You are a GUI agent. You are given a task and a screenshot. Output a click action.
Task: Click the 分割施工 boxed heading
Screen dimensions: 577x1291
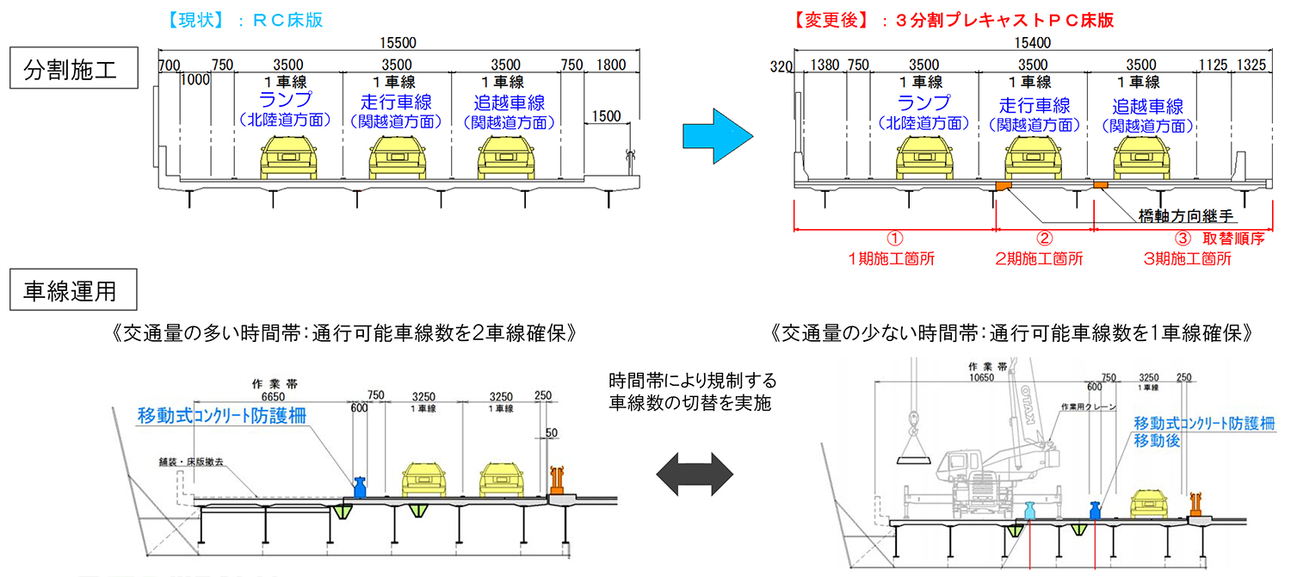[x=74, y=69]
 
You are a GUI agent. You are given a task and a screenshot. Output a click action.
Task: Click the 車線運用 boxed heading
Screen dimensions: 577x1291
[x=74, y=291]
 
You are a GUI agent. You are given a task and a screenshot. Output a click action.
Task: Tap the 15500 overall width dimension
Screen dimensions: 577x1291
[x=397, y=41]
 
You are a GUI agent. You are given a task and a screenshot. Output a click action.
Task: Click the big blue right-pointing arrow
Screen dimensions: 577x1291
[x=712, y=136]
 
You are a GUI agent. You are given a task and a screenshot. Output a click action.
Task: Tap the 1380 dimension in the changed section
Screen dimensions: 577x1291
[x=825, y=64]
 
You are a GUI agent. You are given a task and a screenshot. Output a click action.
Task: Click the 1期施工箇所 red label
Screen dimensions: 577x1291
[x=894, y=257]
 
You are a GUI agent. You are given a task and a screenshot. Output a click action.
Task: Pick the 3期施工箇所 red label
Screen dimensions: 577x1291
[x=1188, y=257]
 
